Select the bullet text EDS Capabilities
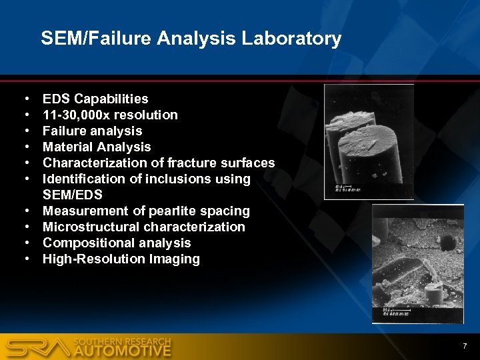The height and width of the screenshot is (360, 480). [95, 99]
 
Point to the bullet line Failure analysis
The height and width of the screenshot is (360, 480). [92, 131]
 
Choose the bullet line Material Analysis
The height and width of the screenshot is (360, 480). [97, 147]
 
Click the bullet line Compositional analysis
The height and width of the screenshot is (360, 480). [117, 243]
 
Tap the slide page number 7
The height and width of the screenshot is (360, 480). [464, 345]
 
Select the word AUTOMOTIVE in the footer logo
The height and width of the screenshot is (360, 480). [123, 351]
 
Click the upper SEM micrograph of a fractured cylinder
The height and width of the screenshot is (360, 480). [369, 141]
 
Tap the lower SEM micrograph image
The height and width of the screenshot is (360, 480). [417, 264]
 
